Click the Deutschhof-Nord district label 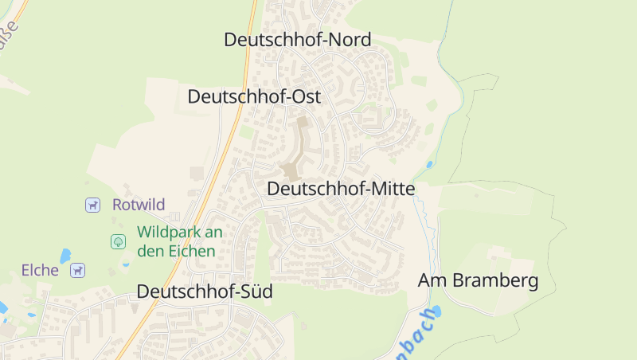click(x=298, y=40)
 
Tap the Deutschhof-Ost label click(x=254, y=97)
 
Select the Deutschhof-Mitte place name click(x=341, y=190)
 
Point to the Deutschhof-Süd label click(x=205, y=292)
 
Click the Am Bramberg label click(x=479, y=281)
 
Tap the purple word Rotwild click(x=139, y=205)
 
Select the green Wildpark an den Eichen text click(x=179, y=241)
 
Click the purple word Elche click(x=41, y=271)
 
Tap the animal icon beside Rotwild click(x=93, y=205)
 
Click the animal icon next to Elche click(x=77, y=271)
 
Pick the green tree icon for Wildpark click(x=118, y=241)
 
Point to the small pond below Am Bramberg click(x=435, y=311)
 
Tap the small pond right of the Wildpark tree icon click(x=126, y=264)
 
